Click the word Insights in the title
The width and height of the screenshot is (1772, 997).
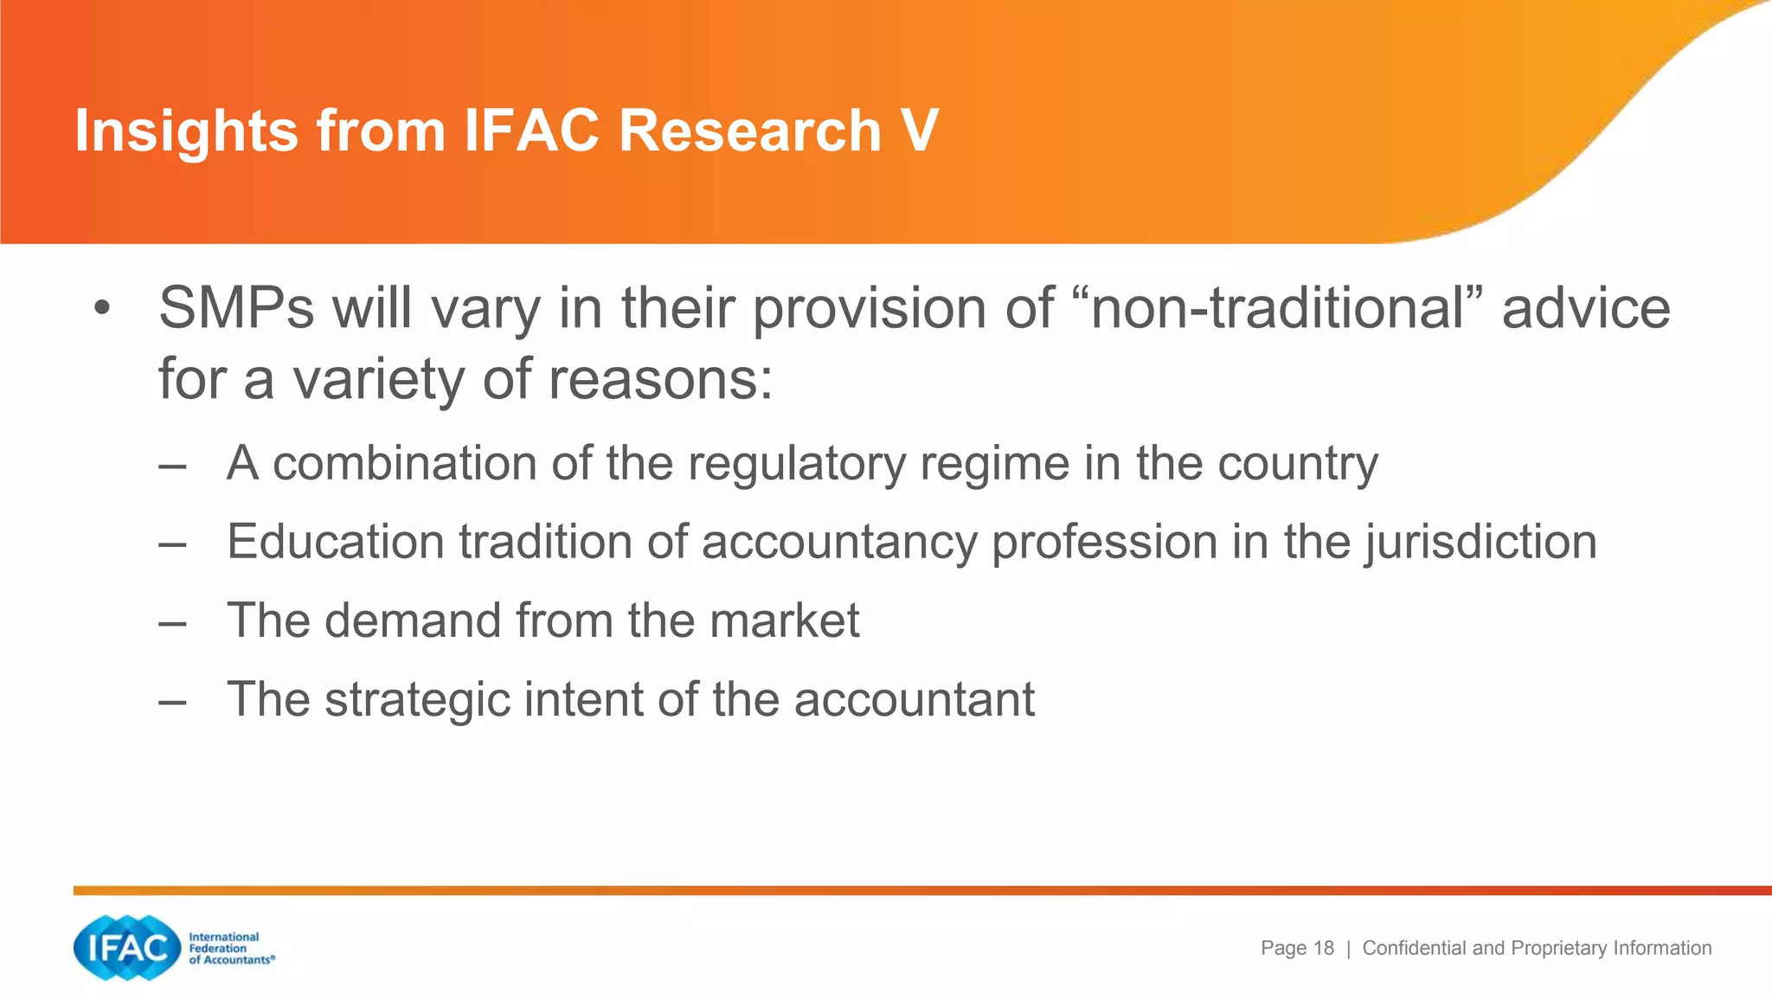click(x=186, y=132)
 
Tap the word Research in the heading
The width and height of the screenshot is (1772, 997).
click(x=750, y=132)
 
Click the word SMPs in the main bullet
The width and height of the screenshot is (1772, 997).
click(x=236, y=308)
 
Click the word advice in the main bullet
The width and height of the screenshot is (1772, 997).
click(x=1586, y=308)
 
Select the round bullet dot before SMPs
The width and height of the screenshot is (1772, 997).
click(x=103, y=309)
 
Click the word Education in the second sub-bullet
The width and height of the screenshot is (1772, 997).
click(x=335, y=542)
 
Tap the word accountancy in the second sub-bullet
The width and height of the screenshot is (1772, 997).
click(x=838, y=544)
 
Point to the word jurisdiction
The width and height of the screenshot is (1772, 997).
click(x=1481, y=544)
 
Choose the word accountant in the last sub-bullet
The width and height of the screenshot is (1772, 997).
click(x=914, y=699)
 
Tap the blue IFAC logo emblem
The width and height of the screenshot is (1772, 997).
click(x=127, y=949)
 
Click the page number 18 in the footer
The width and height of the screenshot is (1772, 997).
click(x=1323, y=949)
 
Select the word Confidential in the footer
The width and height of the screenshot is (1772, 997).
click(x=1415, y=949)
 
